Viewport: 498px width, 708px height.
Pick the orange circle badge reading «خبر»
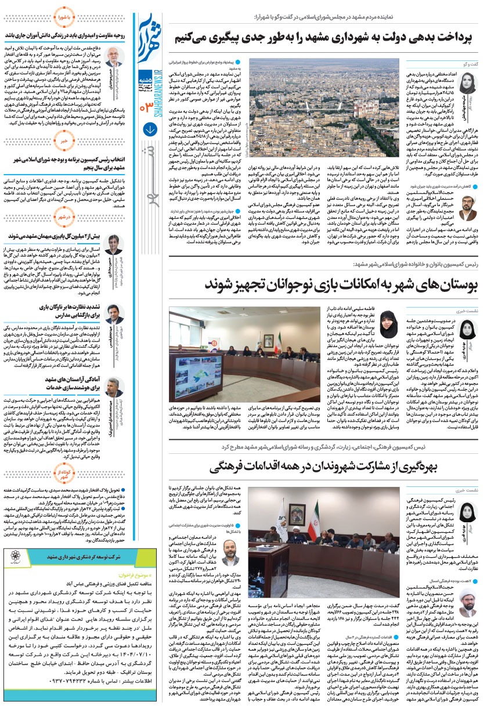65,140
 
